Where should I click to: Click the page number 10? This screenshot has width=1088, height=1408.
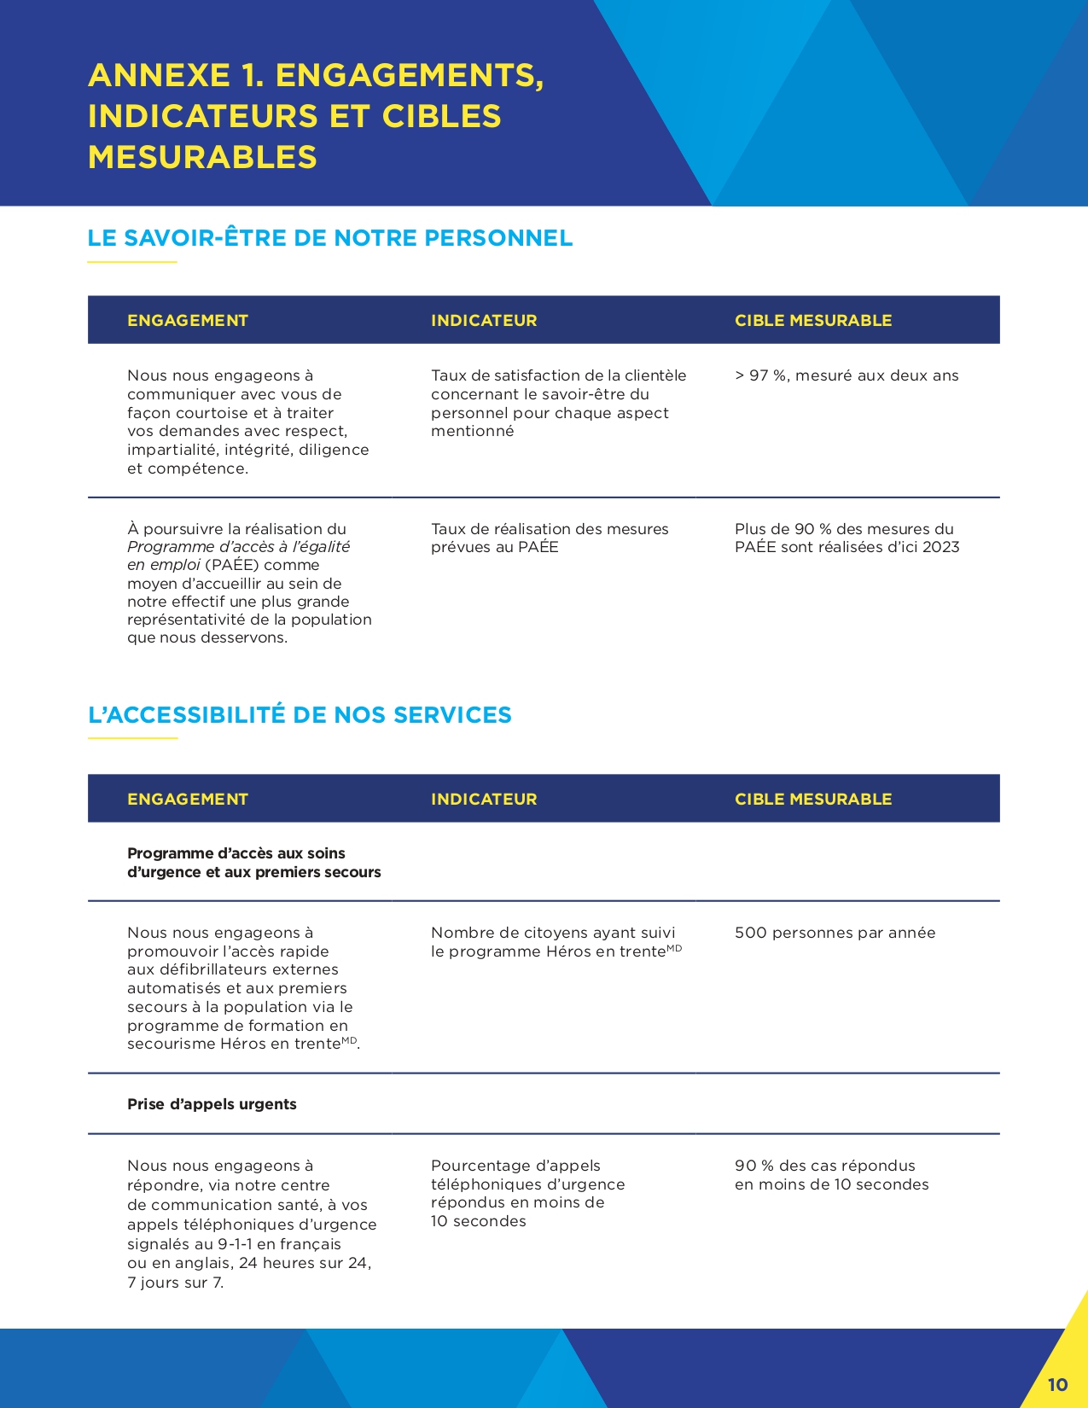click(x=1057, y=1384)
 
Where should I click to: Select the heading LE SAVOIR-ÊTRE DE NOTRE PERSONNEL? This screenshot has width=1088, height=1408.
click(x=330, y=238)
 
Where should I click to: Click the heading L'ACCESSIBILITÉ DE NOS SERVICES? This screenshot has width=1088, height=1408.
click(x=300, y=715)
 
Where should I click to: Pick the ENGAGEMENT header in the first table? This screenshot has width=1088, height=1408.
click(x=188, y=321)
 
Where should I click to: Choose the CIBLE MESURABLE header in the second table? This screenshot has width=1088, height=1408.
click(x=813, y=800)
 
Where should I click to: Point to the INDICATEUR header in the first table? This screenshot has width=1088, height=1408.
click(x=484, y=321)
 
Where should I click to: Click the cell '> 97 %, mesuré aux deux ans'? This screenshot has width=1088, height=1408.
click(x=847, y=375)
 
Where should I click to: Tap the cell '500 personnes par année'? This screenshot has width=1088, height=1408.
click(x=835, y=933)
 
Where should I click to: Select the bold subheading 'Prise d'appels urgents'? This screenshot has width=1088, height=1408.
click(x=212, y=1104)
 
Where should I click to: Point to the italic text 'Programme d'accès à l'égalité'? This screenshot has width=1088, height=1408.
click(x=238, y=547)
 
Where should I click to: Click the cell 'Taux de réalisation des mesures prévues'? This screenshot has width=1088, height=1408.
click(x=550, y=538)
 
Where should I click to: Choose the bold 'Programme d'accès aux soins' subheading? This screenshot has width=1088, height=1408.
click(x=236, y=853)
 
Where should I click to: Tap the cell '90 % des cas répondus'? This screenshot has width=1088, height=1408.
click(x=824, y=1166)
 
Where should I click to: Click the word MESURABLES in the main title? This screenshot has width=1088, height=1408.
click(x=202, y=157)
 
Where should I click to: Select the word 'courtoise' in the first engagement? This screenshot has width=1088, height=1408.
click(x=214, y=413)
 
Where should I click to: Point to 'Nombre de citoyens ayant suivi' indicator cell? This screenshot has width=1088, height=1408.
click(x=553, y=933)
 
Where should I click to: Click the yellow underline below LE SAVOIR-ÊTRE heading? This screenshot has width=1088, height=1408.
click(x=132, y=262)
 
